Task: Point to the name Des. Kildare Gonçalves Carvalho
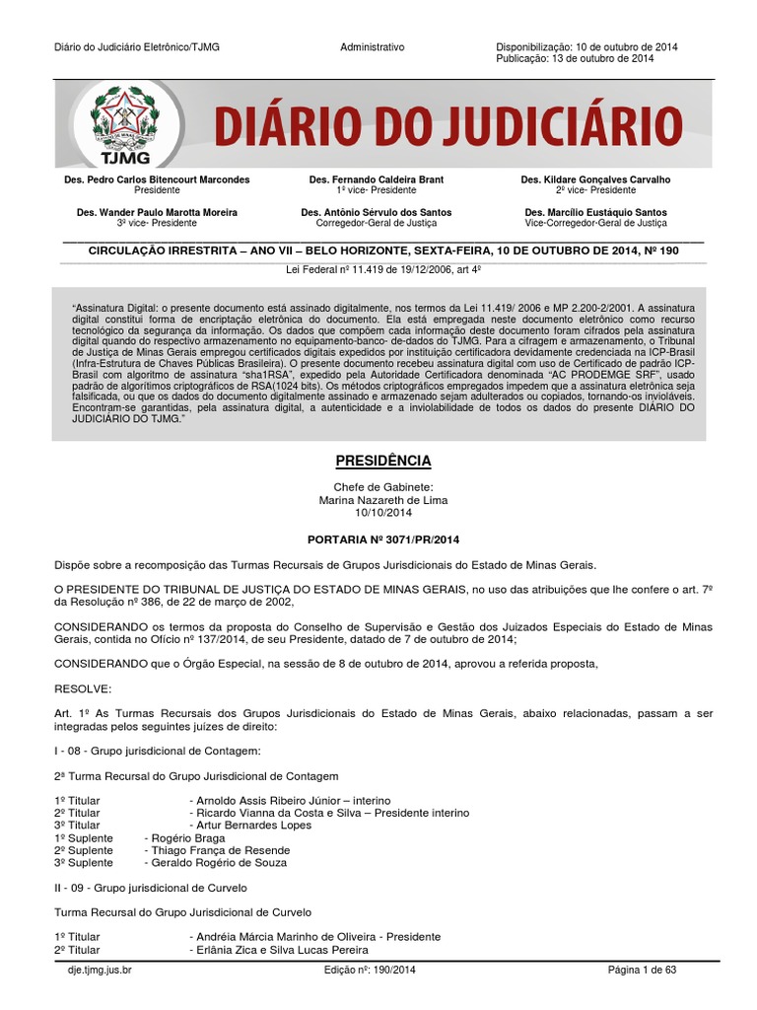(x=595, y=180)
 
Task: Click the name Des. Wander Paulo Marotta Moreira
(x=157, y=212)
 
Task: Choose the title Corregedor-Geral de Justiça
(x=377, y=224)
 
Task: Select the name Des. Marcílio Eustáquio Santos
(x=595, y=212)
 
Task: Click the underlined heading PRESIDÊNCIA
(x=378, y=462)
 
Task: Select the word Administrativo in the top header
(x=373, y=47)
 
